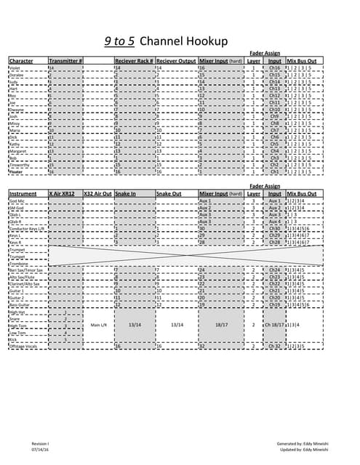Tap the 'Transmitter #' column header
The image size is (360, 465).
coord(65,60)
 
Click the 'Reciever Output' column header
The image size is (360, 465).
coord(176,60)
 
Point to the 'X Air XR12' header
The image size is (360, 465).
coord(63,194)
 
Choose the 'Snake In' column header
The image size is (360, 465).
coord(126,194)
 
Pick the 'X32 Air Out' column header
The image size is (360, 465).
coord(97,194)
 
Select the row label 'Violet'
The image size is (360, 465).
coord(14,68)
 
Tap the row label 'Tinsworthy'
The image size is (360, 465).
coord(20,165)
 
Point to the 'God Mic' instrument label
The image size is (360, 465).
coord(17,201)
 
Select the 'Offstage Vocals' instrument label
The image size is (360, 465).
coord(23,347)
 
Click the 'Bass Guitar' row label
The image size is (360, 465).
coord(19,304)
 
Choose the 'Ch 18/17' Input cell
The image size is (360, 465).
coord(275,325)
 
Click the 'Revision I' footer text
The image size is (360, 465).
coord(40,442)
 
